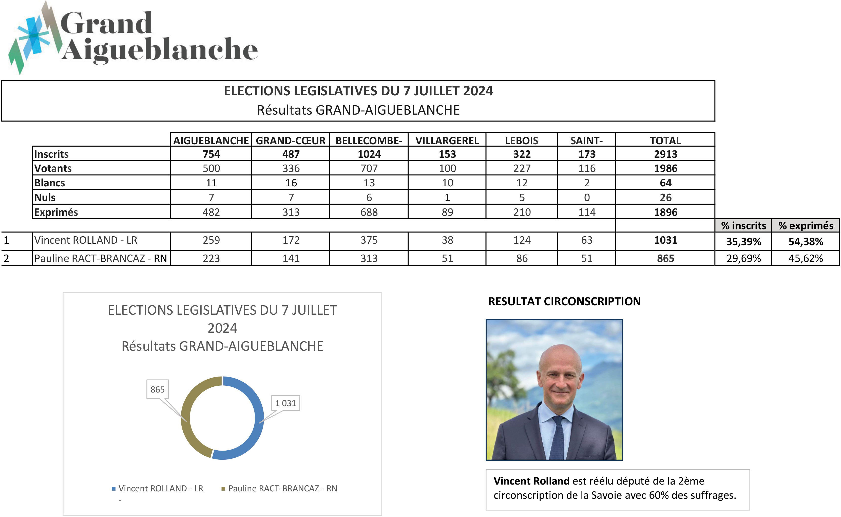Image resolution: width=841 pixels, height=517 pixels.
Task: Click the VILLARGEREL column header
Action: pos(447,140)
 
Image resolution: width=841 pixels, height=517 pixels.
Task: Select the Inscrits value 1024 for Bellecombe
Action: pos(369,154)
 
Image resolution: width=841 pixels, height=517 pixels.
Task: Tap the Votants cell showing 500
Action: pos(211,168)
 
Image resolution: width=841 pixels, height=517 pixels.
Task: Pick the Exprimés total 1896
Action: pos(665,212)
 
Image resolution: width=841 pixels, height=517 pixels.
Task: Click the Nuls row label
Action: pos(45,197)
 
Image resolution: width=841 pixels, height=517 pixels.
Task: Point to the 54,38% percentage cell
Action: pos(806,242)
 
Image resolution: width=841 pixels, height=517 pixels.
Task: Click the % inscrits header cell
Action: pos(743,226)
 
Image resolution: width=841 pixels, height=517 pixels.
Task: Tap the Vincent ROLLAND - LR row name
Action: pos(86,240)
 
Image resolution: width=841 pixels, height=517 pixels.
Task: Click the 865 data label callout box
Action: pos(158,389)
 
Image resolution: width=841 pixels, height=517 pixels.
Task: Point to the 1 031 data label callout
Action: pos(285,403)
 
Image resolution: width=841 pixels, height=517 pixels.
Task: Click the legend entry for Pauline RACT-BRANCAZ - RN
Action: pos(282,488)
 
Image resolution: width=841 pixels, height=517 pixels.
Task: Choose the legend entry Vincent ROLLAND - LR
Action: pos(161,488)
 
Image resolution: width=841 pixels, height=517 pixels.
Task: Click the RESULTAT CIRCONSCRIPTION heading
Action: pos(564,301)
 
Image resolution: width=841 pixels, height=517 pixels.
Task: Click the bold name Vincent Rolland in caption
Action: pos(531,481)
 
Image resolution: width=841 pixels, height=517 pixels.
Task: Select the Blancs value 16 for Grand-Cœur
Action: pos(291,183)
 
